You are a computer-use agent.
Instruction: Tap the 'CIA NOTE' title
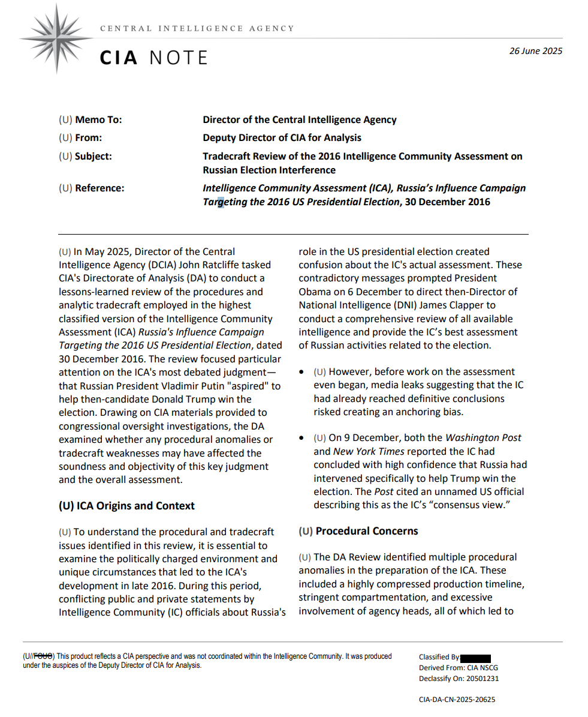(153, 58)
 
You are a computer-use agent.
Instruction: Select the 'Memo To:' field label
(98, 119)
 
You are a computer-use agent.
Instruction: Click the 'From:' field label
(88, 137)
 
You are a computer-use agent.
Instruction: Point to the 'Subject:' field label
(93, 156)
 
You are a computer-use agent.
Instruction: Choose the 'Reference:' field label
(99, 188)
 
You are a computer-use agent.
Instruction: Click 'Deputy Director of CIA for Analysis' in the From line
(282, 137)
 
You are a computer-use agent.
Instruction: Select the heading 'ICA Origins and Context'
(126, 505)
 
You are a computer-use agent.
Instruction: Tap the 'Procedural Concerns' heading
(366, 531)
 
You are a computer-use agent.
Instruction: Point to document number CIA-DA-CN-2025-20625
(457, 699)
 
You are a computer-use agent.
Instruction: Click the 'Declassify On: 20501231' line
(459, 679)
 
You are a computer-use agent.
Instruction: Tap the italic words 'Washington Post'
(483, 437)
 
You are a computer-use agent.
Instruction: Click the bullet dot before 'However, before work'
(304, 372)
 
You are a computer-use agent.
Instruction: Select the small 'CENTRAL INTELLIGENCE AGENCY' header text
(197, 28)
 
